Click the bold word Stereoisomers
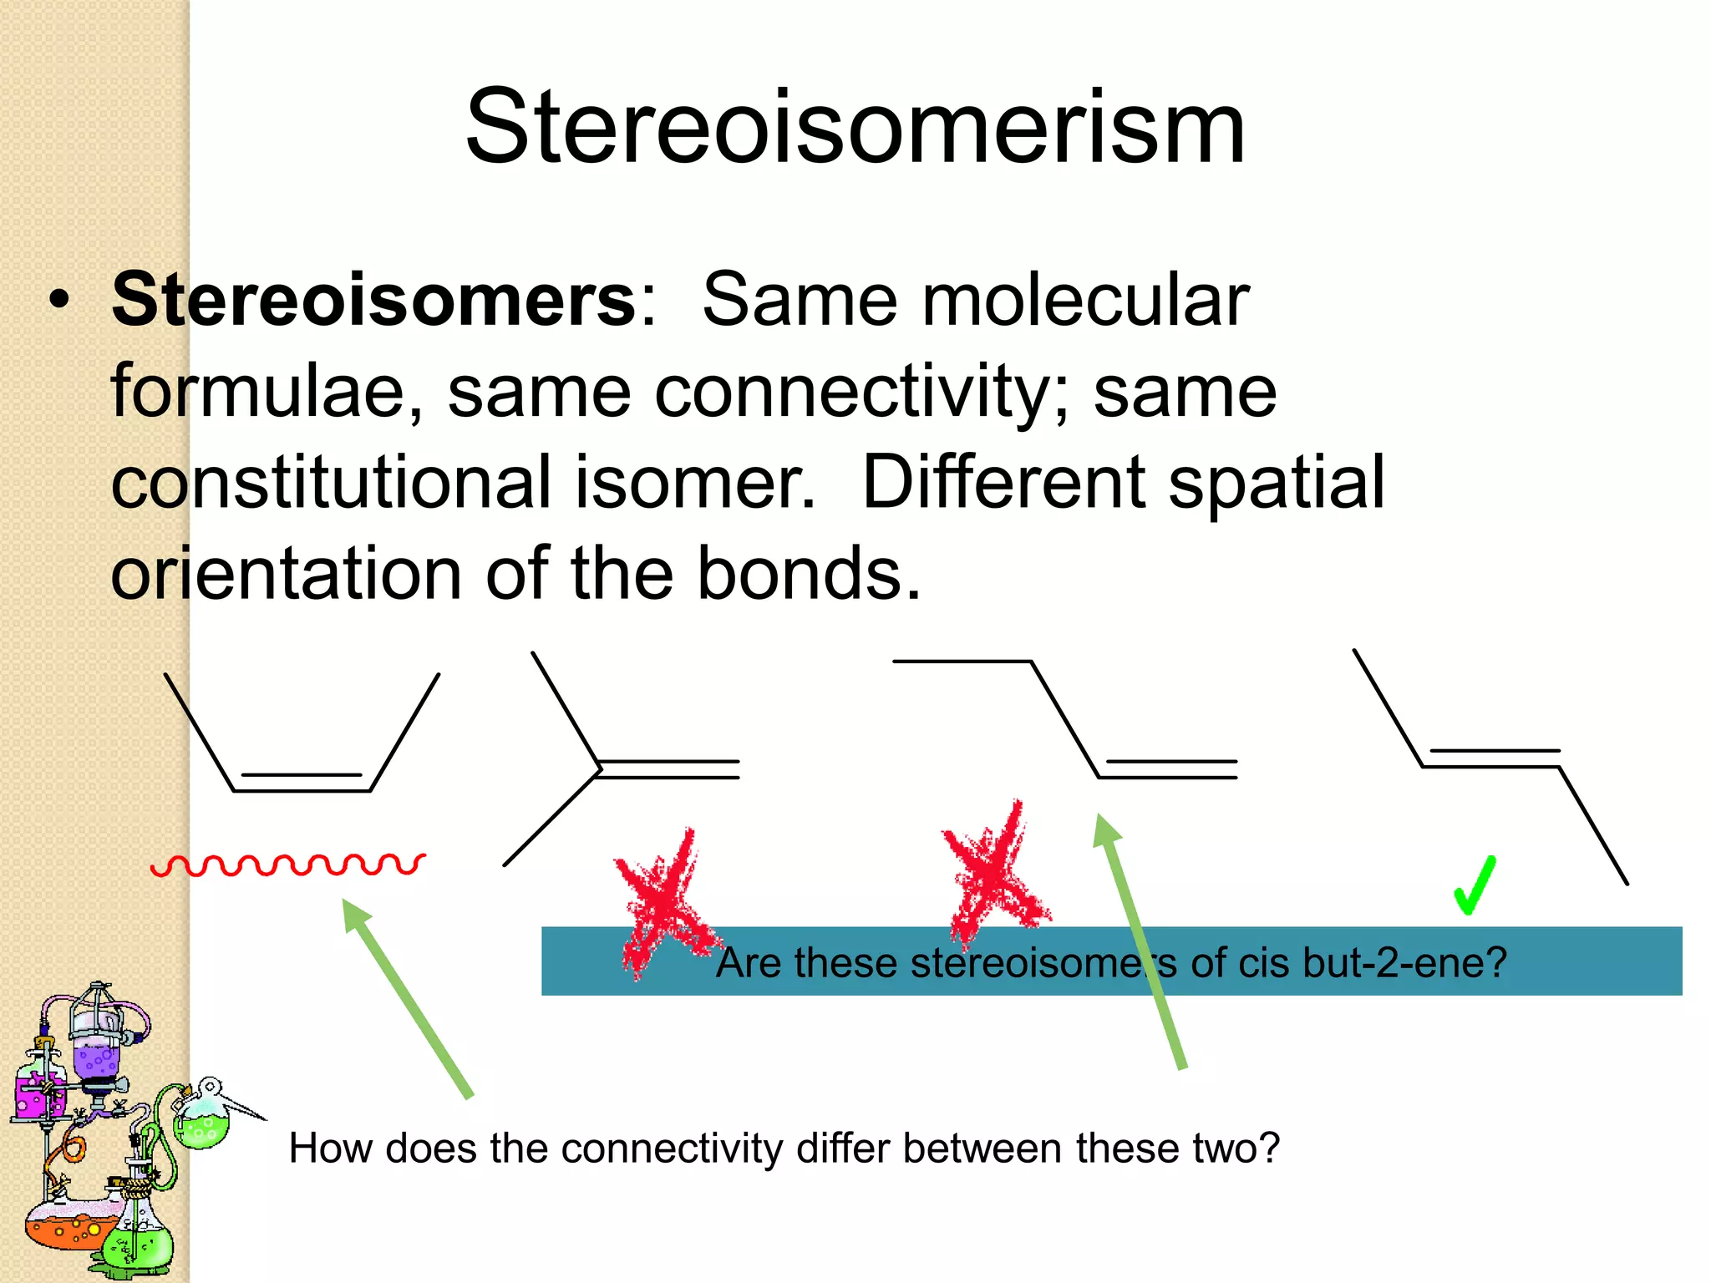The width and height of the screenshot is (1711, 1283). [374, 301]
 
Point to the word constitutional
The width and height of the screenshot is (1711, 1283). [331, 483]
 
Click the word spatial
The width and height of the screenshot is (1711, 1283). [1277, 483]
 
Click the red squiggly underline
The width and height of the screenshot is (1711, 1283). [288, 865]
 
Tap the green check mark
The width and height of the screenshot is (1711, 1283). [1474, 885]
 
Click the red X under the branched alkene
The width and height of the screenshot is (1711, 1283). [664, 902]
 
